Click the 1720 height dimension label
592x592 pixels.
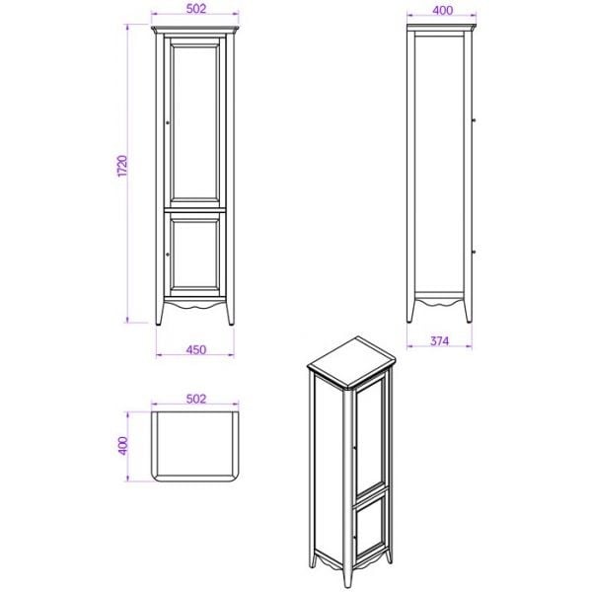(123, 166)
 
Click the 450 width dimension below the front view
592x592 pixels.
(196, 349)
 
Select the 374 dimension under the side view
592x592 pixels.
(440, 341)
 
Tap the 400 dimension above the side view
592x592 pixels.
(442, 10)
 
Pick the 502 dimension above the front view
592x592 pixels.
(196, 8)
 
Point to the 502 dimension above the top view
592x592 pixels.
(196, 399)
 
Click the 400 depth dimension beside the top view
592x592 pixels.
(123, 446)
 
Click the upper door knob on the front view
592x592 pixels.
(168, 122)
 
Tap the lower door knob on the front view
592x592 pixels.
(168, 255)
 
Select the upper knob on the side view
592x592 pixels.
(474, 120)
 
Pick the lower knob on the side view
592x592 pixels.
(474, 252)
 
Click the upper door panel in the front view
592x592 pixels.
(194, 123)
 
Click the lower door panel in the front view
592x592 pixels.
(194, 255)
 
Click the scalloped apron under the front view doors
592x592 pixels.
(194, 303)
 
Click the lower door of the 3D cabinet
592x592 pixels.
(372, 527)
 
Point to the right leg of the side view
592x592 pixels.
(468, 310)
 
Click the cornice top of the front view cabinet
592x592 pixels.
(195, 30)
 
